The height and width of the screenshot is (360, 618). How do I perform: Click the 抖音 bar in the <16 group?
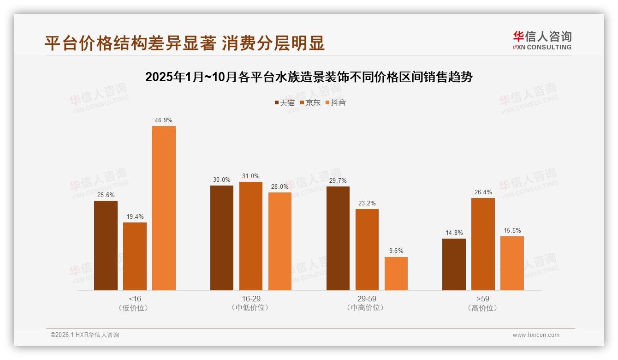[x=164, y=208]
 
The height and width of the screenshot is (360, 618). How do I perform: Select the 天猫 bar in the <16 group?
[x=106, y=246]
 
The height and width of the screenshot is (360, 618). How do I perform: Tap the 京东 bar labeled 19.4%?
[x=135, y=256]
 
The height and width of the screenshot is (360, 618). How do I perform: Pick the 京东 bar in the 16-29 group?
[x=250, y=236]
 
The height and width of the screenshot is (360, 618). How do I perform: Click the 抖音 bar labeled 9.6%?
[x=396, y=274]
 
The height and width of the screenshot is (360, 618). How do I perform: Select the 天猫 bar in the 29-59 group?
[x=338, y=238]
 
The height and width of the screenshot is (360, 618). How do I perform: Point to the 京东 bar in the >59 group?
[x=483, y=244]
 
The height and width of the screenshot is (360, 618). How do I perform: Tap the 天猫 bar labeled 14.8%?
[x=454, y=264]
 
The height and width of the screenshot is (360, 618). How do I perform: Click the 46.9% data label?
[x=164, y=120]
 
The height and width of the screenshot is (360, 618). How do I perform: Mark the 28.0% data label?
[x=279, y=186]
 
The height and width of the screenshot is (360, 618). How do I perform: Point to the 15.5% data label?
[x=512, y=230]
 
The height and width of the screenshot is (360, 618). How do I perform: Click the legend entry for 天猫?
[x=285, y=102]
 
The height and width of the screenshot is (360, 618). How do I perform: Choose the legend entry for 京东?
[x=310, y=102]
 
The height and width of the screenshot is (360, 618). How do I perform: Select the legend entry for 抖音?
[x=336, y=102]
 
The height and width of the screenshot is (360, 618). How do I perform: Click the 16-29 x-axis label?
[x=250, y=299]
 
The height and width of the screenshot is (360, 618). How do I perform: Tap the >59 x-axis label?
[x=482, y=299]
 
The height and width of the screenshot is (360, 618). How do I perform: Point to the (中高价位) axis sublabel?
[x=367, y=307]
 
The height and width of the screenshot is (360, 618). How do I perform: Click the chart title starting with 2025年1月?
[x=309, y=77]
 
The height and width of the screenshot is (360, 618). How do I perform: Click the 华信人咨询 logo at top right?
[x=542, y=40]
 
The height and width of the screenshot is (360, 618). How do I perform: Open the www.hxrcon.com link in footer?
[x=536, y=335]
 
